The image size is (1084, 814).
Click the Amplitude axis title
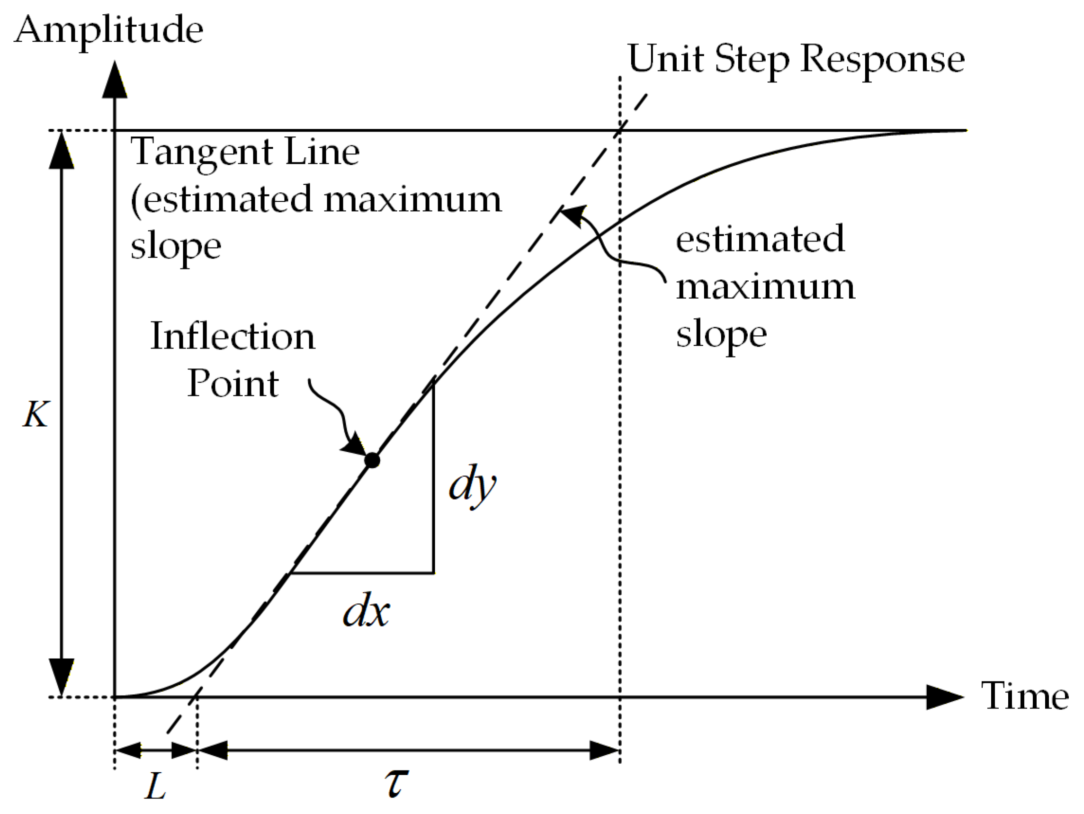coord(109,30)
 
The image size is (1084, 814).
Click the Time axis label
coord(1025,697)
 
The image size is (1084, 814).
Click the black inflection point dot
coord(372,461)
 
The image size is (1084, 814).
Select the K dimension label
coord(36,415)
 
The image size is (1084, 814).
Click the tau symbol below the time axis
coord(396,783)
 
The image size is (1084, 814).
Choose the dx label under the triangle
coord(366,613)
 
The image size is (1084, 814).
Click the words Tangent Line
coord(245,152)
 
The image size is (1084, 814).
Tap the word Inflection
coord(233,337)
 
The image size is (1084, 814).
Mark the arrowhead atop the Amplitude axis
coord(115,81)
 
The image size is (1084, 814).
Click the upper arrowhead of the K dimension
coord(62,151)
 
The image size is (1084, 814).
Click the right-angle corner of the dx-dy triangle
coord(433,572)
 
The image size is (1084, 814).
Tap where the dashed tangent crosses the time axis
coord(197,697)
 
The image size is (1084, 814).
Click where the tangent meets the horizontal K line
coord(620,130)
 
